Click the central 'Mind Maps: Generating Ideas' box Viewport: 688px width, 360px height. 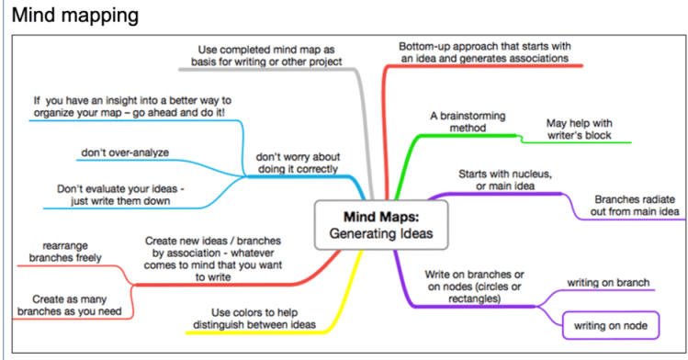pyautogui.click(x=375, y=225)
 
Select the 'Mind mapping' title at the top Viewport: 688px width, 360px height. pyautogui.click(x=75, y=16)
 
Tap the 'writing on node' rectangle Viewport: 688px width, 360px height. pyautogui.click(x=610, y=325)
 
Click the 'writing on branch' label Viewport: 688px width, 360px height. pyautogui.click(x=608, y=282)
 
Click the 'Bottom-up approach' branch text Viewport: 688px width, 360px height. pyautogui.click(x=484, y=51)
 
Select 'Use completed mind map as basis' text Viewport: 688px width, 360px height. pyautogui.click(x=269, y=54)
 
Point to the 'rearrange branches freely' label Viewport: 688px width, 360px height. pyautogui.click(x=63, y=252)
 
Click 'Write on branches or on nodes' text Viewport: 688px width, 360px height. pyautogui.click(x=474, y=288)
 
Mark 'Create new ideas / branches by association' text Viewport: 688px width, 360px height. pyautogui.click(x=213, y=258)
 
